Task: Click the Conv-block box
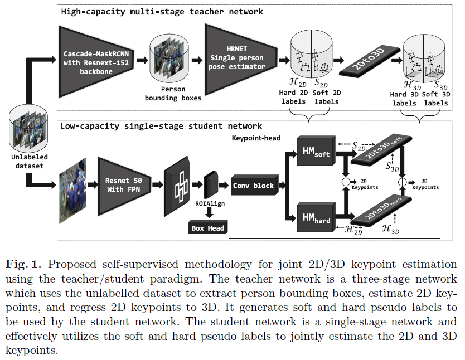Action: [x=254, y=185]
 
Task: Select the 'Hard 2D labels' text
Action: [x=293, y=98]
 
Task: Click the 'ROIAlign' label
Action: [x=210, y=203]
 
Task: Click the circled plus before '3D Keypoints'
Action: [x=403, y=182]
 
